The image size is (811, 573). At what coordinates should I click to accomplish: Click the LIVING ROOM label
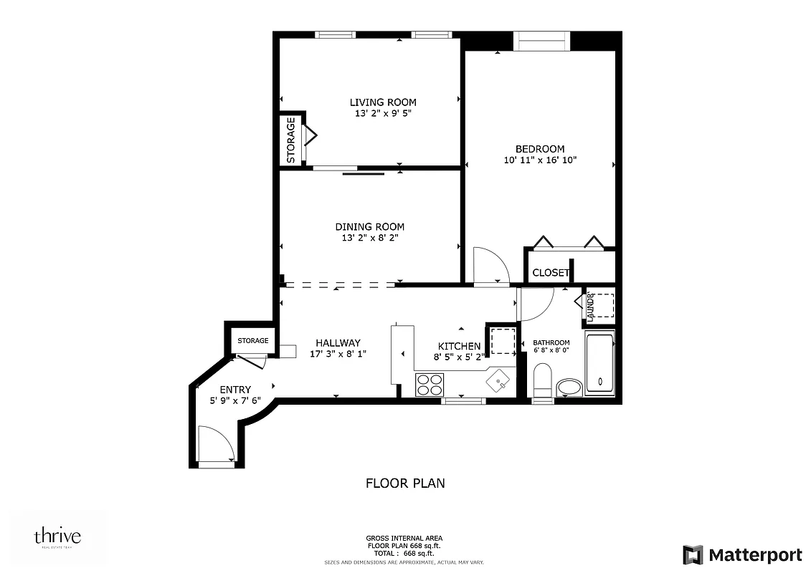pos(383,102)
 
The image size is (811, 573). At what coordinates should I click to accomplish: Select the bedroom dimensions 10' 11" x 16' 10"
pos(540,160)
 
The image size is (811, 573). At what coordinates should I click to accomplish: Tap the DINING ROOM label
pos(369,227)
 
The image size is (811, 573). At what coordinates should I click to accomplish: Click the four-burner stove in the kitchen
pos(430,385)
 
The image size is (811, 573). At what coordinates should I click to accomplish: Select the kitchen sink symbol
pos(498,381)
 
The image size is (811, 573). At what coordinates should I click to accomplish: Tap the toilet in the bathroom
pos(542,380)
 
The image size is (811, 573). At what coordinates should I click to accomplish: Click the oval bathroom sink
pos(570,387)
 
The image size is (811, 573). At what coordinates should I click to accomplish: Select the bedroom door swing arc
pos(491,266)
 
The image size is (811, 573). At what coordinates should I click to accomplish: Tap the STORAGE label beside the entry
pos(253,341)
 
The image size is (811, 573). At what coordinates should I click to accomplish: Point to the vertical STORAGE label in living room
pos(291,140)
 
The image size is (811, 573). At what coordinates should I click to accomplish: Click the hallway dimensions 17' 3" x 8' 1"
pos(338,354)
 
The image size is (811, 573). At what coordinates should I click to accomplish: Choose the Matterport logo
pos(742,554)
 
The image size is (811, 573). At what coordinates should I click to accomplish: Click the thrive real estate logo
pos(57,537)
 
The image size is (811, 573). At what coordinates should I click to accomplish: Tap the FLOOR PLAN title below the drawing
pos(405,483)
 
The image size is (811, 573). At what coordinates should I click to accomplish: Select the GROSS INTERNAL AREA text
pos(404,538)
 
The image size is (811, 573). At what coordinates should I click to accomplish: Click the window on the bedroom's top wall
pos(544,42)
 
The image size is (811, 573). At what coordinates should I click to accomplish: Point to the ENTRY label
pos(231,390)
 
